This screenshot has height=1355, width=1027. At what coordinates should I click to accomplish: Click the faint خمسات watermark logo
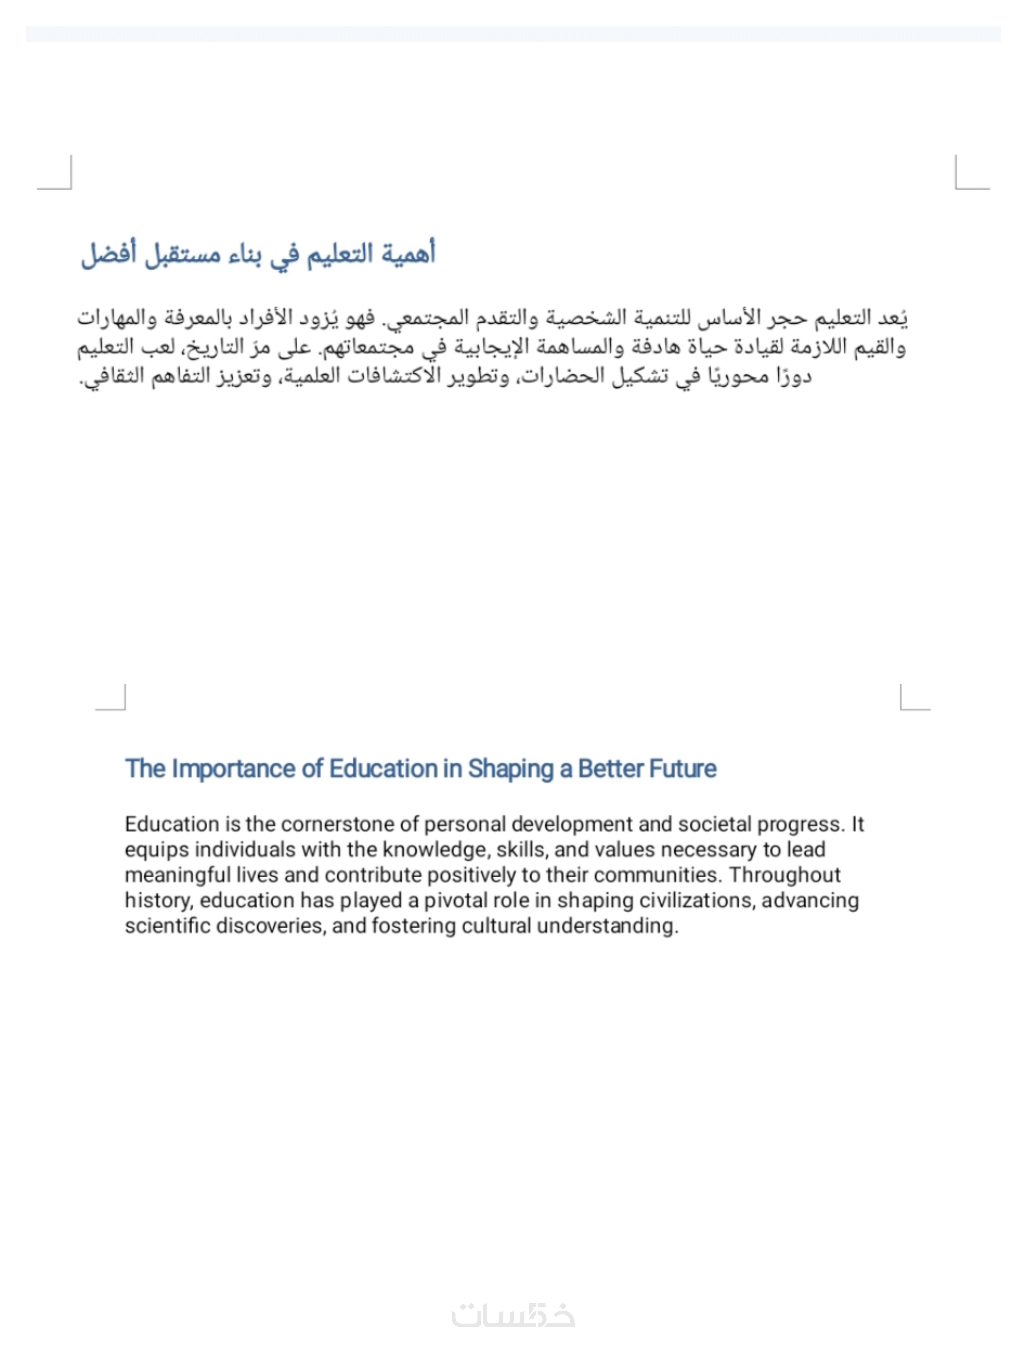(x=513, y=1315)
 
